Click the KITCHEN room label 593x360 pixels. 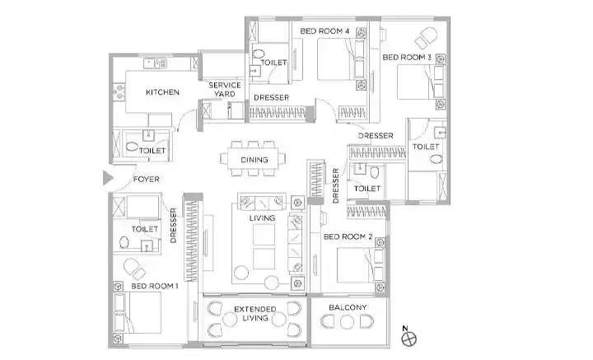(x=162, y=92)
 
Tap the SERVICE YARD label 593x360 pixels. (x=225, y=90)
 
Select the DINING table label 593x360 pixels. (x=254, y=160)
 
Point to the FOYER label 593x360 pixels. (x=147, y=180)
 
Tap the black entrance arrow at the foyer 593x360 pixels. (x=108, y=178)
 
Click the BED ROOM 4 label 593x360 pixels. (x=325, y=31)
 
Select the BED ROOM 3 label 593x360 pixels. (x=407, y=58)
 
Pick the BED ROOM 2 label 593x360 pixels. (x=348, y=236)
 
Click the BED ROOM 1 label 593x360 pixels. (x=154, y=286)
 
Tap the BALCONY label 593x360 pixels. (x=348, y=307)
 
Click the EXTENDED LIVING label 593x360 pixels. (x=254, y=314)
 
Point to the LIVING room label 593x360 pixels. (x=262, y=218)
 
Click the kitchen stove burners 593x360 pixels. (x=119, y=92)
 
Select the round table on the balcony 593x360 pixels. (x=347, y=322)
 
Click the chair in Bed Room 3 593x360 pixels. (x=427, y=38)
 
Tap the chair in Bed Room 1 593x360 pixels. (x=134, y=269)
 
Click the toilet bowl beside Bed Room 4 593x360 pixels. (x=259, y=55)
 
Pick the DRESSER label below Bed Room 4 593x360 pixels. (x=271, y=97)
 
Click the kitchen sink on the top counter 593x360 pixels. (x=155, y=63)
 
